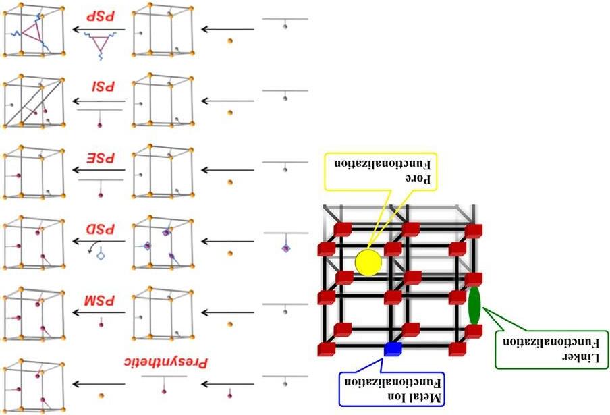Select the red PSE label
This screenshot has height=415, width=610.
coord(99,160)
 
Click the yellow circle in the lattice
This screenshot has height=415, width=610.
coord(368,262)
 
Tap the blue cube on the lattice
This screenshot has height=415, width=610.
coord(393,348)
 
